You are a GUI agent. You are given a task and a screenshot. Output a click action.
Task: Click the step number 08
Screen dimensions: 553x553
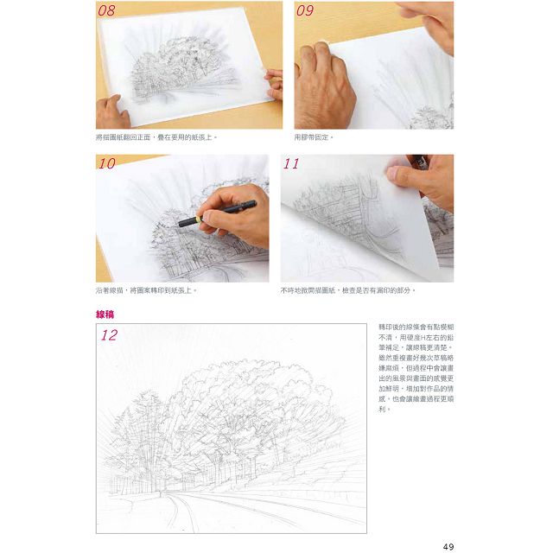[108, 11]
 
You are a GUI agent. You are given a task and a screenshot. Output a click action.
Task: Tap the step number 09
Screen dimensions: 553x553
[305, 11]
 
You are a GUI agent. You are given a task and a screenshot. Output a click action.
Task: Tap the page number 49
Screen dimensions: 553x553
[448, 544]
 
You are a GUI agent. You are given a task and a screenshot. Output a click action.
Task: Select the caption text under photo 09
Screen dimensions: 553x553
[314, 137]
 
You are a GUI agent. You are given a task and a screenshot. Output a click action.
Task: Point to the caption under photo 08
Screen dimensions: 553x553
[156, 137]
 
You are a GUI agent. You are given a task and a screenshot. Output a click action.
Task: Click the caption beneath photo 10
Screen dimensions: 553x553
[147, 290]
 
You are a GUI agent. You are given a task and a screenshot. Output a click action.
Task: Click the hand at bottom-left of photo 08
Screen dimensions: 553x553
[111, 112]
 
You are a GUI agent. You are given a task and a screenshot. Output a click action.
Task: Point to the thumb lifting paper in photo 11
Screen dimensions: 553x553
[406, 174]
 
